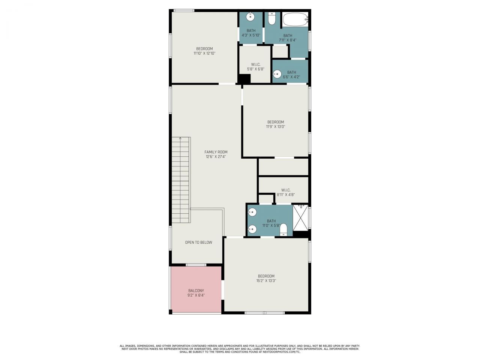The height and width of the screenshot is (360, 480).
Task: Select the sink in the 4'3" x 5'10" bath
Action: pos(250,17)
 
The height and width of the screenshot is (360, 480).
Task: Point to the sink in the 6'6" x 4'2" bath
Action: pos(277,75)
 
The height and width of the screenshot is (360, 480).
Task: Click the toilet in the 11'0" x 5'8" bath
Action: pos(283,229)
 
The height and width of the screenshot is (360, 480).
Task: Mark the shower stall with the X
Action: pos(300,218)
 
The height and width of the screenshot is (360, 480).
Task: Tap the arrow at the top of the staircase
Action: pos(180,139)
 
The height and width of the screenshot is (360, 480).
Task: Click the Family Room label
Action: pos(216,152)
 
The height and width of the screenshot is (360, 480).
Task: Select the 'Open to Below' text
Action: pos(198,242)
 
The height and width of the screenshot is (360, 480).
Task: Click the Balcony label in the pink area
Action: pos(196,291)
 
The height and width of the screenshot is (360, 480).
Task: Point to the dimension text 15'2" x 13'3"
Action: pos(266,280)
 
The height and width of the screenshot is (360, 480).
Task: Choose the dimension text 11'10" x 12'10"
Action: pos(204,53)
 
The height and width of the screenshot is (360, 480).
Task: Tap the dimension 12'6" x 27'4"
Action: pos(216,157)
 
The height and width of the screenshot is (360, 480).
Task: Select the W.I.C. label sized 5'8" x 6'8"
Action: pos(256,69)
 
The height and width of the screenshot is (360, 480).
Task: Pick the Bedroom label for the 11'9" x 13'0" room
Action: pos(276,122)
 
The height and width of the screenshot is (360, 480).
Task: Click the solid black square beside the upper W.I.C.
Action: pos(244,79)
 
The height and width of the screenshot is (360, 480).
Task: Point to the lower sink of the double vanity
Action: pos(253,228)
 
